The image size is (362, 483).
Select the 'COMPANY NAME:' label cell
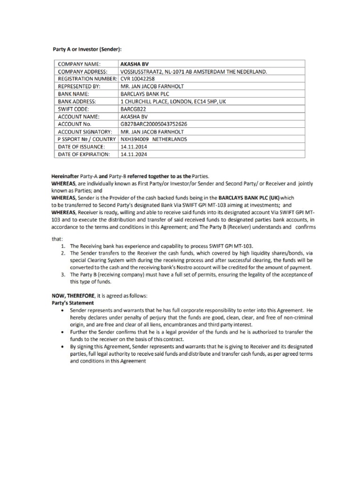coord(79,64)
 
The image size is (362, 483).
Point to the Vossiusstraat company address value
coord(194,71)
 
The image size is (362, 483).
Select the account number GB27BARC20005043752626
coord(154,124)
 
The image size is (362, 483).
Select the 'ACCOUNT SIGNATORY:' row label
coord(84,132)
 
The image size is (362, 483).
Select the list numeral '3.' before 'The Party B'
coord(63,275)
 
